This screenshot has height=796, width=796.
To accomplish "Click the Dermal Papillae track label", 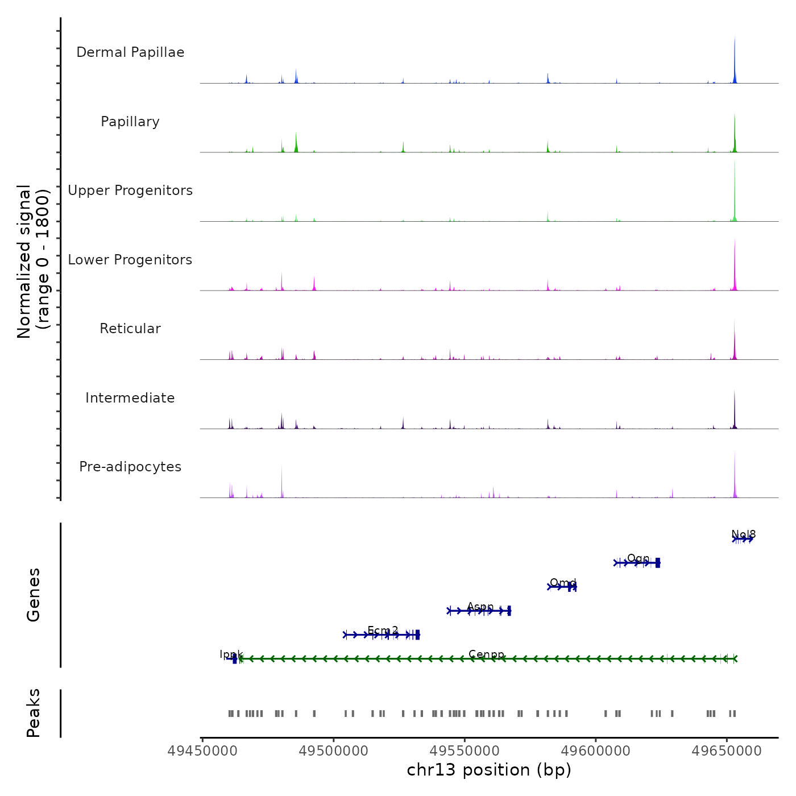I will [x=130, y=52].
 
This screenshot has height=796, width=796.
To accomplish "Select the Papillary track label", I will [x=130, y=122].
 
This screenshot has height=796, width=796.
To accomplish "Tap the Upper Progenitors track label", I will [x=130, y=190].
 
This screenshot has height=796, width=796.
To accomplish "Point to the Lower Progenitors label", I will [x=130, y=260].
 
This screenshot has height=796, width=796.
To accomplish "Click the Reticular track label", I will [x=130, y=329].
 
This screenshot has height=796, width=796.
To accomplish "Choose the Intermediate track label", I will [x=130, y=398].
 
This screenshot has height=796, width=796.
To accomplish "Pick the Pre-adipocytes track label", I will [x=130, y=467].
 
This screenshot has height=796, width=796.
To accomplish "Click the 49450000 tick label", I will [x=203, y=751].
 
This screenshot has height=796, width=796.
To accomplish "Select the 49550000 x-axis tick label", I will [x=465, y=751].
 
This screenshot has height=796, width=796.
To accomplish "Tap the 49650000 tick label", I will [x=727, y=751].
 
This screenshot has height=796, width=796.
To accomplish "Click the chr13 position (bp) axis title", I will [x=489, y=770].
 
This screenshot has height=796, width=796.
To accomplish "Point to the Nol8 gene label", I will [x=744, y=534].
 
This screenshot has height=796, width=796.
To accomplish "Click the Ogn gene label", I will [x=638, y=558].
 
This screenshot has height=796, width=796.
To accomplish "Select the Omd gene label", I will [x=563, y=583].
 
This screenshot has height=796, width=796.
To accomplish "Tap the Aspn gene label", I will [x=480, y=607].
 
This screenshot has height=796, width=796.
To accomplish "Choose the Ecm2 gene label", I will [x=383, y=630].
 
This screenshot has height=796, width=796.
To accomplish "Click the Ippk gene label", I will [x=231, y=654].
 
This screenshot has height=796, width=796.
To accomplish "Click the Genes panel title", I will [x=34, y=595].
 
